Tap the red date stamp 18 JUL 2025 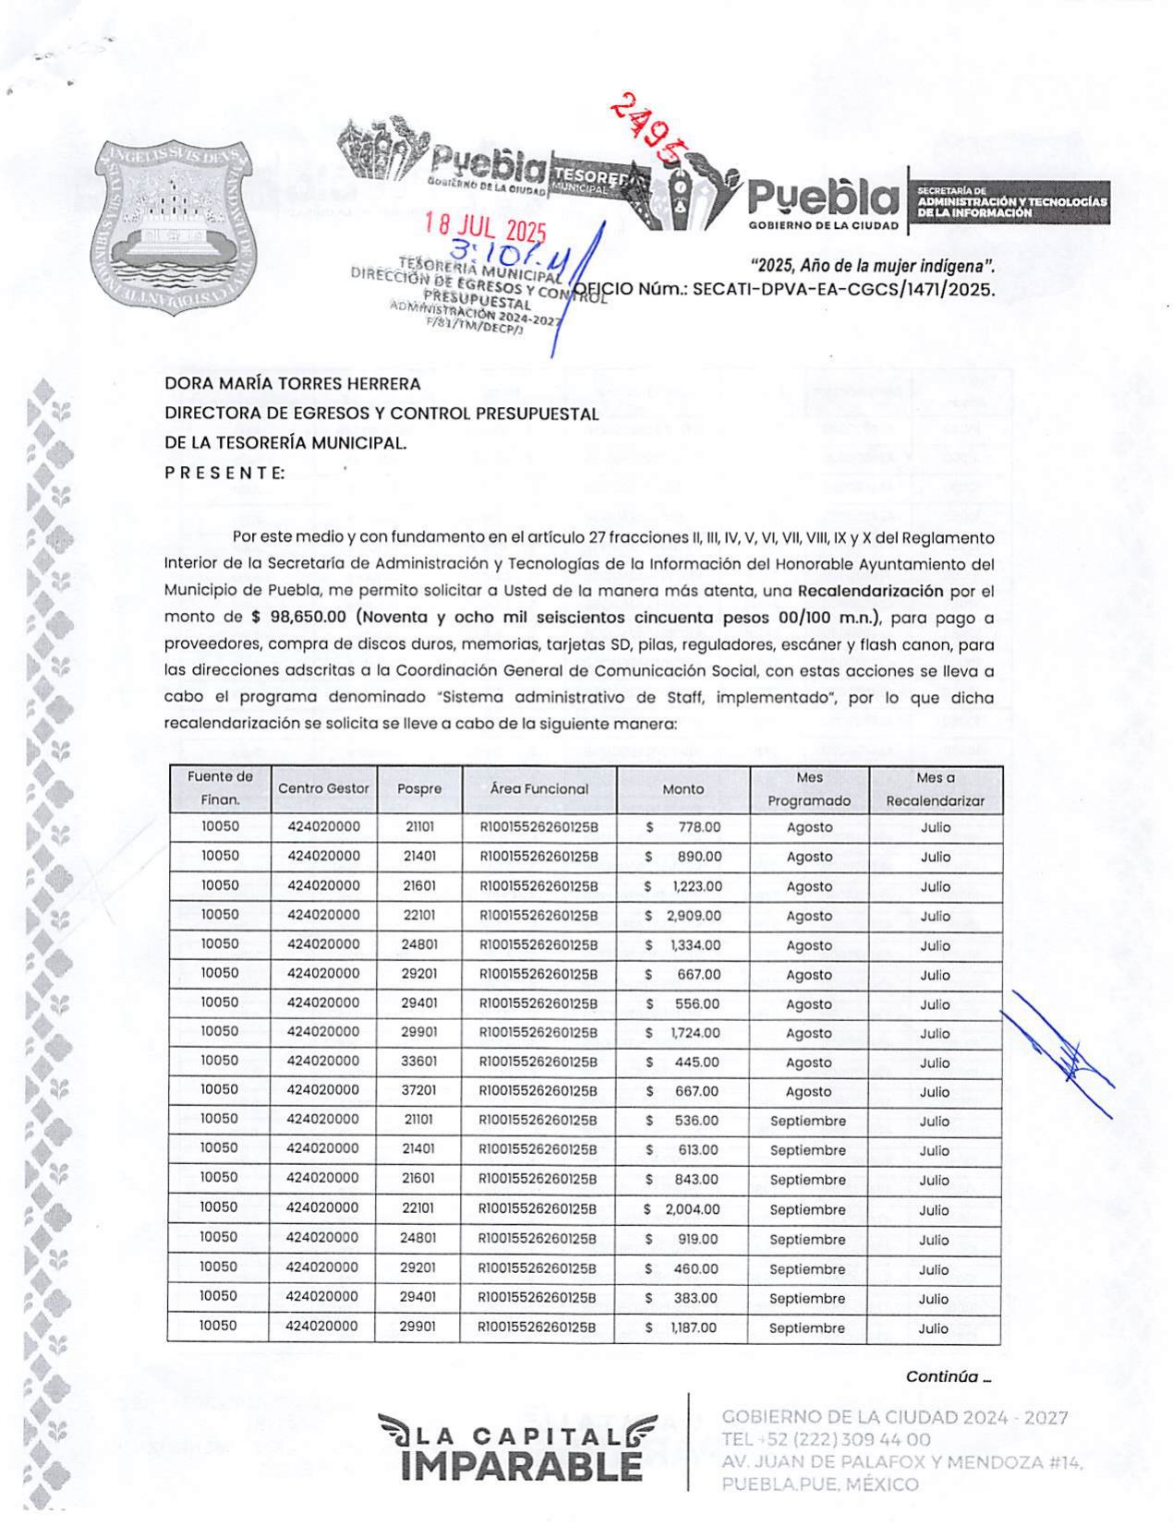pos(485,227)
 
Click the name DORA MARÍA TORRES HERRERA pos(293,384)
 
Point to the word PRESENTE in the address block pos(224,473)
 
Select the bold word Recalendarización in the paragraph pos(870,591)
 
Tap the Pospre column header pos(419,789)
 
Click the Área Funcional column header pos(539,789)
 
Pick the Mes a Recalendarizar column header pos(935,789)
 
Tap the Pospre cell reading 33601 pos(419,1063)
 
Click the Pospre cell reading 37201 pos(419,1091)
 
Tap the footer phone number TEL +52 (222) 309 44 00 pos(826,1439)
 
